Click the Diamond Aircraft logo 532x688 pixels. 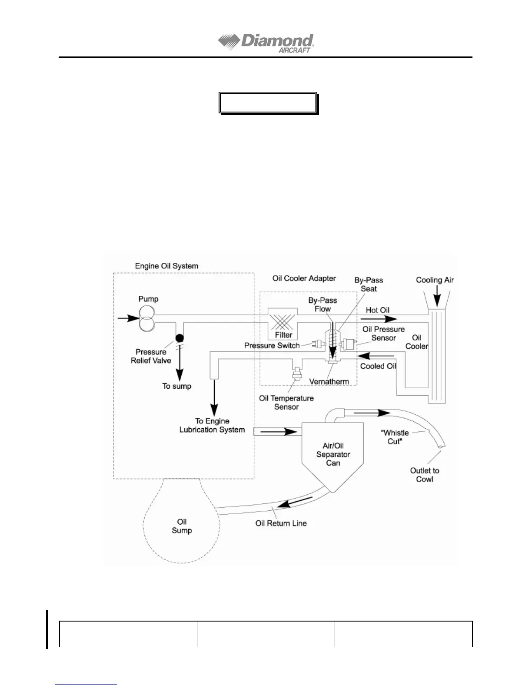266,43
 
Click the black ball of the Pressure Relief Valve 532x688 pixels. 179,337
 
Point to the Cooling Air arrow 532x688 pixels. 437,297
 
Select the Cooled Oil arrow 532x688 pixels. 376,357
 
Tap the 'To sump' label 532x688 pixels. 177,386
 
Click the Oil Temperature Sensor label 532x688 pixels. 286,403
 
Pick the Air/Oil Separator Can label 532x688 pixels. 333,454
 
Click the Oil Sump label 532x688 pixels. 182,526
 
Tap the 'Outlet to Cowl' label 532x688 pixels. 425,475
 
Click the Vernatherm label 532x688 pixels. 329,382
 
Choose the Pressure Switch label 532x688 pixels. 272,346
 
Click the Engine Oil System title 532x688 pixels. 166,266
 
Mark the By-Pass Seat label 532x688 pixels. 369,284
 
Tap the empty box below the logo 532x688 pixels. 268,103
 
